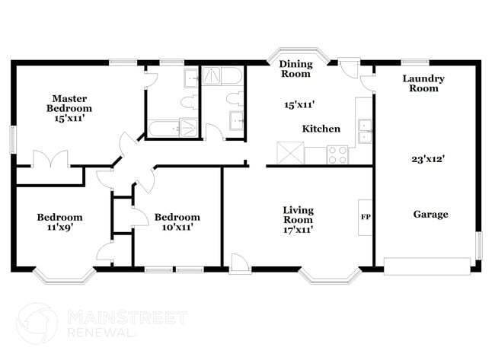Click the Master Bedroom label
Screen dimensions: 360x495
click(69, 104)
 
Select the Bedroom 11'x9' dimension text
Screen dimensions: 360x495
click(59, 227)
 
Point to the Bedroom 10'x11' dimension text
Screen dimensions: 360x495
click(177, 227)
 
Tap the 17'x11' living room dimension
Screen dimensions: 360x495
click(298, 228)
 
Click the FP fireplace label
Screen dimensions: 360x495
click(366, 216)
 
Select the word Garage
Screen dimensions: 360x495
click(430, 215)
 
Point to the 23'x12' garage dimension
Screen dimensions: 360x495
click(428, 160)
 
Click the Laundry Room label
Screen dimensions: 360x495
click(423, 83)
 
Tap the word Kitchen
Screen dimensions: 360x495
click(321, 129)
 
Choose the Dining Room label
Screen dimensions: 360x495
click(295, 68)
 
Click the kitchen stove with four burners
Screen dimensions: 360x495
click(337, 155)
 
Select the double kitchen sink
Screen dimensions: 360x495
click(364, 131)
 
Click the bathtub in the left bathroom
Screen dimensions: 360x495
click(172, 129)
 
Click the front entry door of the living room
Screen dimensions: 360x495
click(240, 263)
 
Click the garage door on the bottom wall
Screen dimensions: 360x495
click(426, 266)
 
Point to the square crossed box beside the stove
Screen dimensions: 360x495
click(290, 153)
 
